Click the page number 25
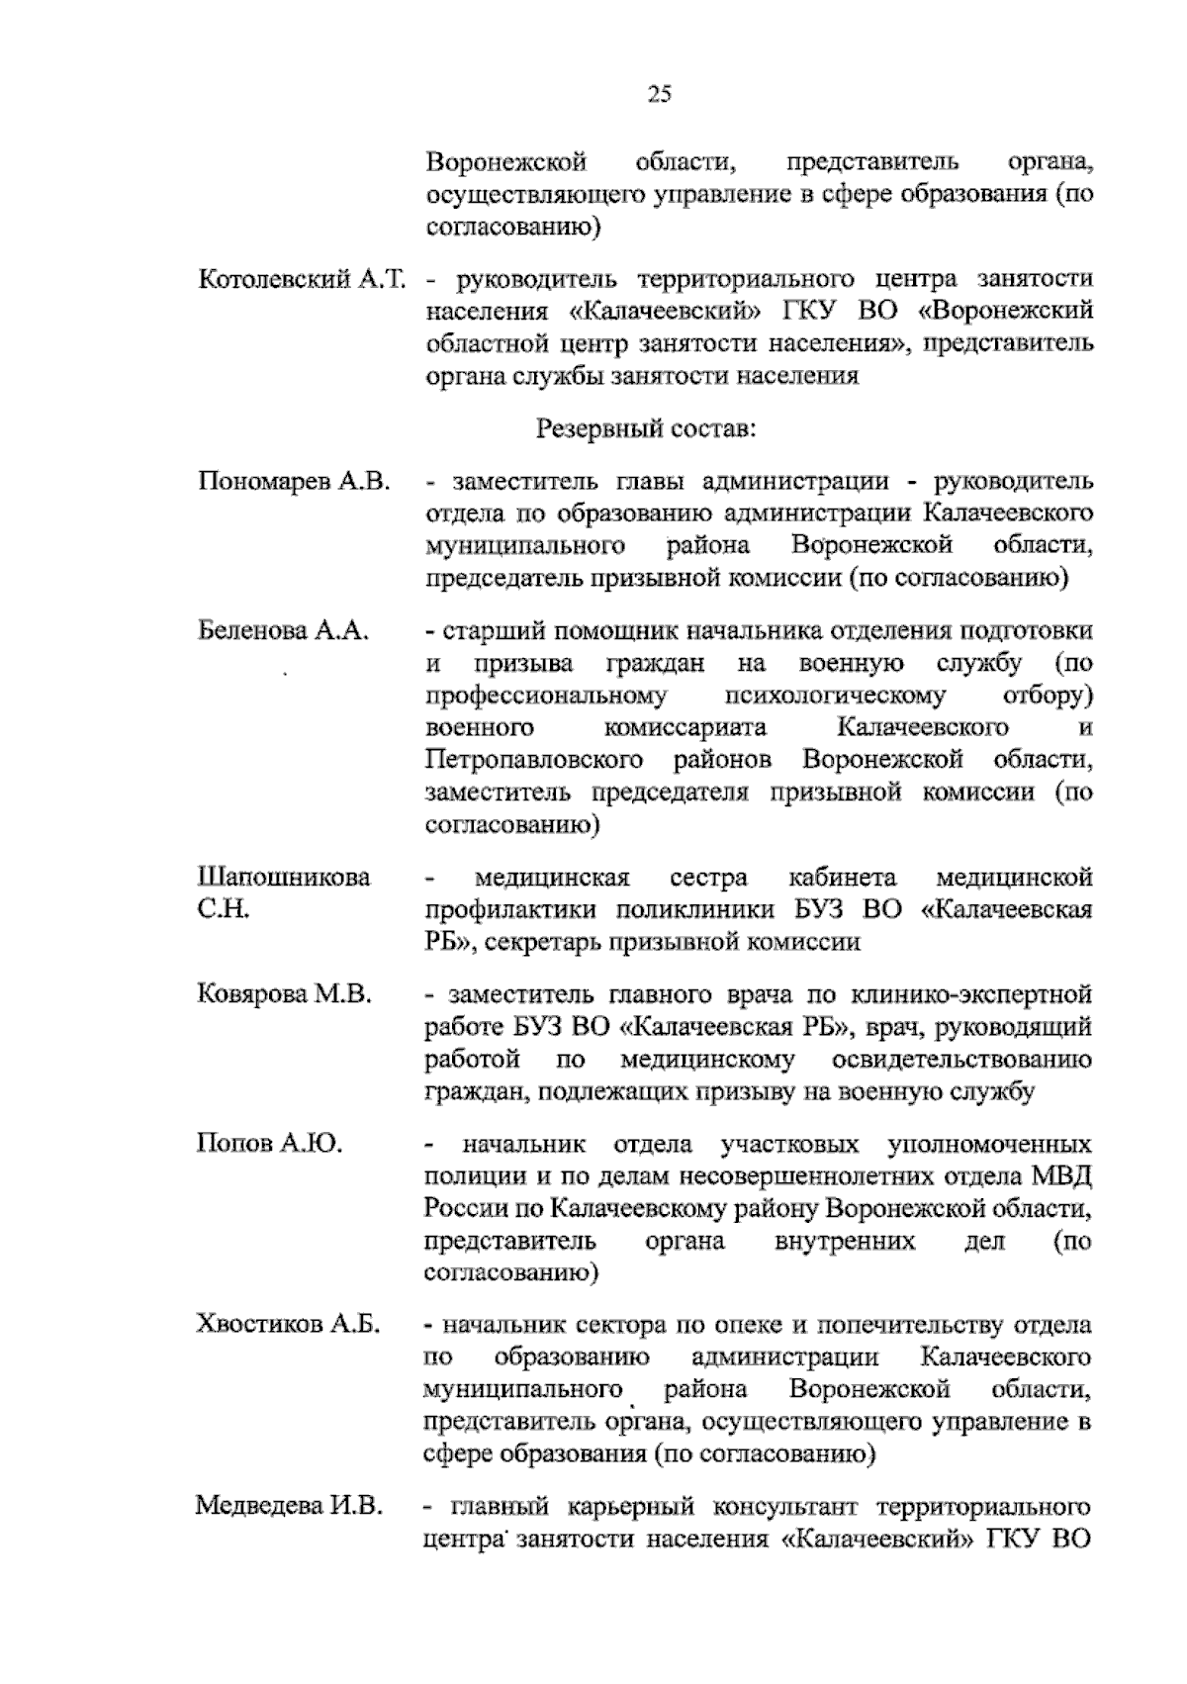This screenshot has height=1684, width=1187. (660, 95)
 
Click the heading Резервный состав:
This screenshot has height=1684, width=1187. (647, 428)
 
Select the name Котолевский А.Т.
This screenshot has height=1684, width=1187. (302, 279)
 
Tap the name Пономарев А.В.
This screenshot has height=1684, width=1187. (294, 482)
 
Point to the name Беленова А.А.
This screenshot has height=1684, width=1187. (283, 630)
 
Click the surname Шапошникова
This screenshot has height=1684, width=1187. (284, 878)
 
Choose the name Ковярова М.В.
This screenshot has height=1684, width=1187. (285, 993)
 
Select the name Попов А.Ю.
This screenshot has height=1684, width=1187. (269, 1145)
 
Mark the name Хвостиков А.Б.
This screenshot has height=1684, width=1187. (290, 1325)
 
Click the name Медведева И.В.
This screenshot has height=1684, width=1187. (289, 1507)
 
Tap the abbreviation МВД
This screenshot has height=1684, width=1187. (1060, 1176)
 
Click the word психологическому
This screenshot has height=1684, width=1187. (836, 696)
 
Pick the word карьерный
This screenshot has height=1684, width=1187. (624, 1508)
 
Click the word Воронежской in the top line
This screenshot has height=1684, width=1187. (506, 161)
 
